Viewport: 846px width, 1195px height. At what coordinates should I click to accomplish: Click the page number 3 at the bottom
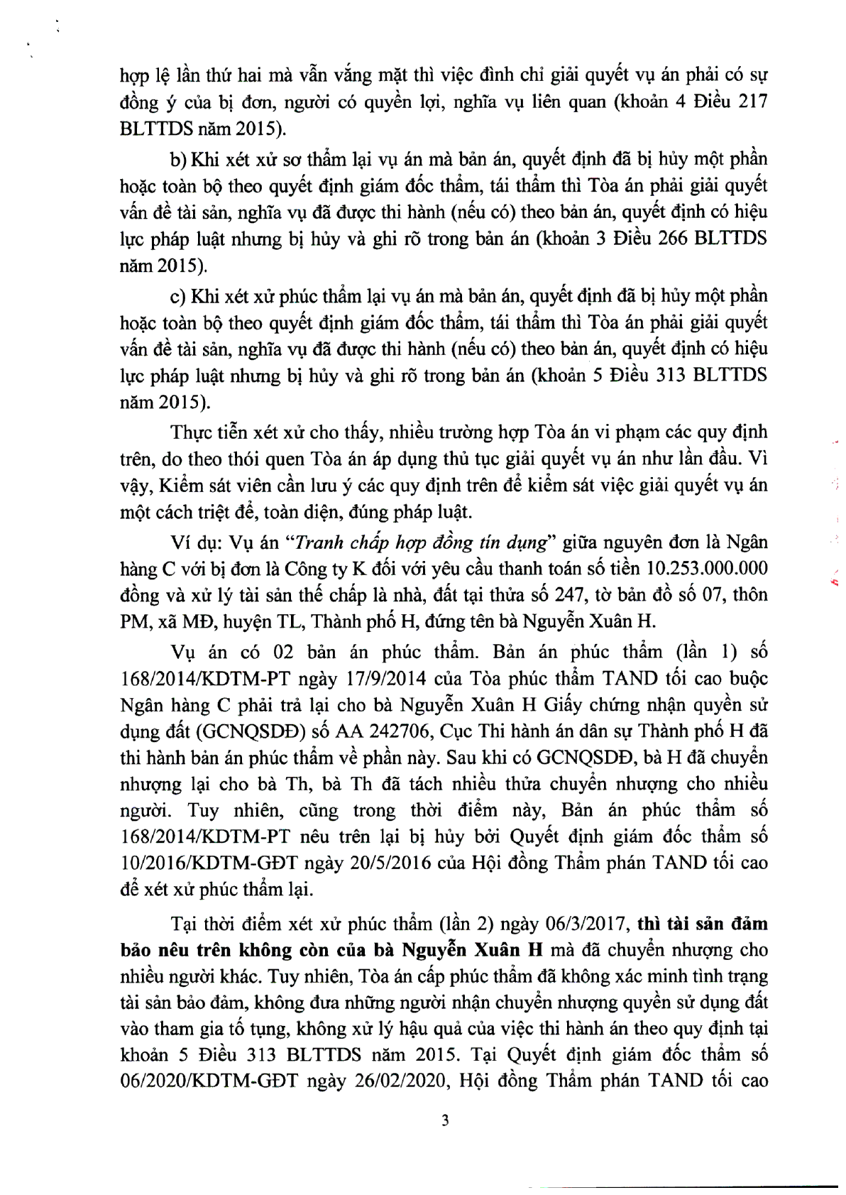(445, 1121)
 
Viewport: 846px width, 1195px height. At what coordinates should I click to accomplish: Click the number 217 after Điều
(750, 101)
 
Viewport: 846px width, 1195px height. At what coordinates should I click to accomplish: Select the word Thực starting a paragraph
(191, 432)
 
